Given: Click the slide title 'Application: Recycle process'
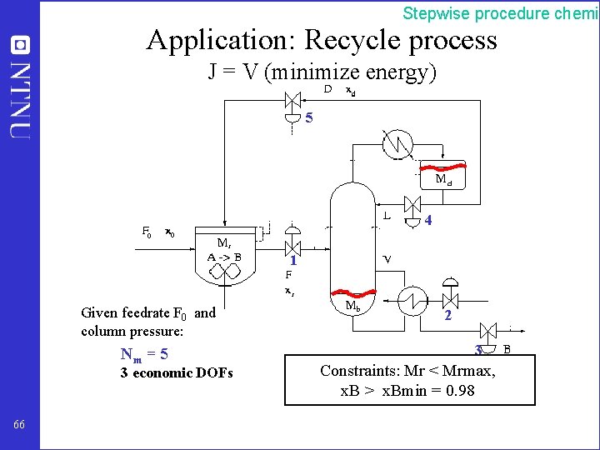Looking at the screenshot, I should coord(322,39).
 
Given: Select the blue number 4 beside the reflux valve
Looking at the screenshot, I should coord(427,221).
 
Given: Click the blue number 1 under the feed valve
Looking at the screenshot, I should coord(293,261).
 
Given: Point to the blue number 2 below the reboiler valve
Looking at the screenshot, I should coord(448,316).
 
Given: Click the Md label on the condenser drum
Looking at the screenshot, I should coord(444,178).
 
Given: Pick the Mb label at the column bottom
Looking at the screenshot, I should coord(353,306).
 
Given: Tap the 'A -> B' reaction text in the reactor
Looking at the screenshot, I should coord(224,256).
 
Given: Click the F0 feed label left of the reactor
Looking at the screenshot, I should coord(146,232).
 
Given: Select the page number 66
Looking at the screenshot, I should coord(19,425).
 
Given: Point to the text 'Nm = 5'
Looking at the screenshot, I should coord(144,354).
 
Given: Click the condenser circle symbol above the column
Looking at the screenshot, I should coord(397,144).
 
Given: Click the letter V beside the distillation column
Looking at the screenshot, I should coord(387,258).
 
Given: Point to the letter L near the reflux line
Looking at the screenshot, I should coord(387,216).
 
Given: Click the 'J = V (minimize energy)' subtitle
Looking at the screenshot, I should coord(322,72).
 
